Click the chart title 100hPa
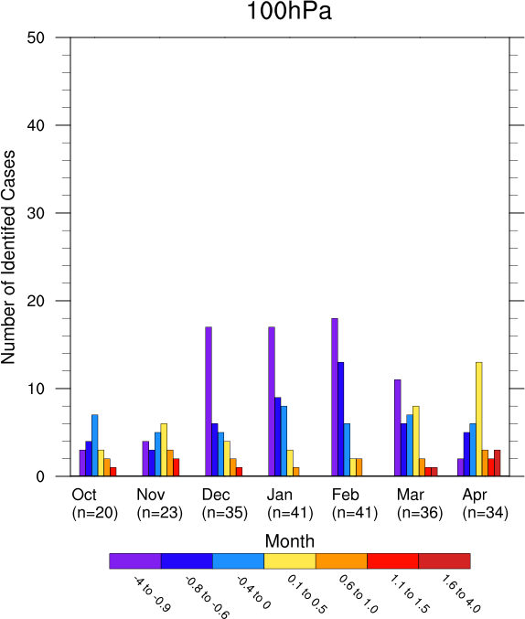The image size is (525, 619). [289, 11]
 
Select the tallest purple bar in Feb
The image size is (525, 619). [335, 397]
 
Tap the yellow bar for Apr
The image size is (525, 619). [478, 420]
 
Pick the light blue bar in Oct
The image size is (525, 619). [95, 445]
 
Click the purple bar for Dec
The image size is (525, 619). [209, 401]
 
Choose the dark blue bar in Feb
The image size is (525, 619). [340, 420]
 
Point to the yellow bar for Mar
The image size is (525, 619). [416, 441]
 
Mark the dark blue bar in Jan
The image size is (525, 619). [278, 437]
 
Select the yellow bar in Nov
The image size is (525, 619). [164, 450]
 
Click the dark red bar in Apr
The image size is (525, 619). [498, 463]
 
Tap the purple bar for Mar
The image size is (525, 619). [398, 428]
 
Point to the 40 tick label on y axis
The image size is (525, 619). [36, 125]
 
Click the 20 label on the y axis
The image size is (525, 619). [36, 301]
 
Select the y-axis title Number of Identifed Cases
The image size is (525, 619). [8, 257]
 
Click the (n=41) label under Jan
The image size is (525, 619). [290, 513]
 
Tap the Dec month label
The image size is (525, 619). [216, 495]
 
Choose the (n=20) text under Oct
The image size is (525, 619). [95, 513]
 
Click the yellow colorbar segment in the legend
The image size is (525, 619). [290, 561]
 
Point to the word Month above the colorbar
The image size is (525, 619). [290, 541]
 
